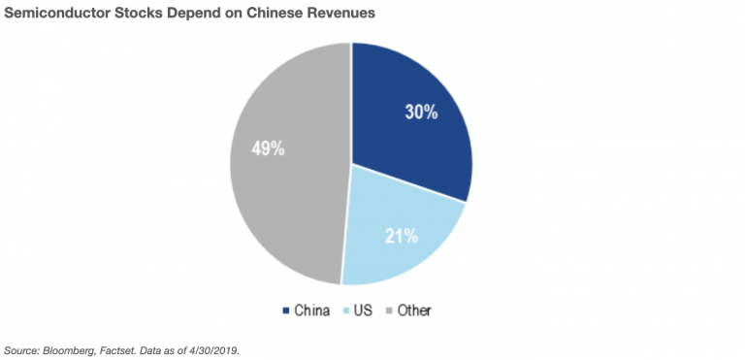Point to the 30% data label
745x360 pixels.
[x=421, y=113]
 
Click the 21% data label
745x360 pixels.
[x=401, y=236]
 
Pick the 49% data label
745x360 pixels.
[x=268, y=148]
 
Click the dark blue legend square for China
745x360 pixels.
[x=285, y=311]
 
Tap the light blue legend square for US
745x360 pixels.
[x=346, y=311]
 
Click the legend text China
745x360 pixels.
[x=311, y=311]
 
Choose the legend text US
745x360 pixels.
[x=364, y=311]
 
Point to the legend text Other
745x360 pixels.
[x=414, y=311]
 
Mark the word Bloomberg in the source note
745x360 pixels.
[x=62, y=351]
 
